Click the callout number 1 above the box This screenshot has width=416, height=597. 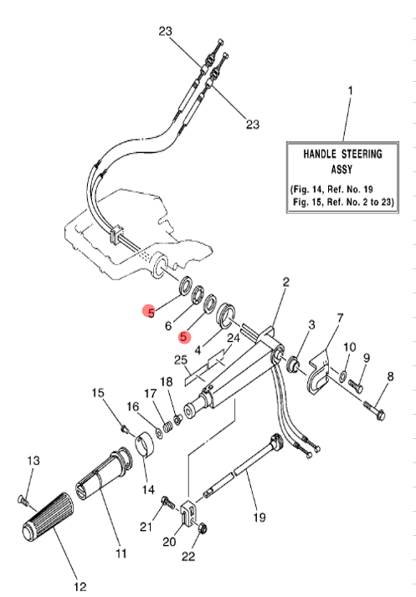350,89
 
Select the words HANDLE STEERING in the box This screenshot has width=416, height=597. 343,154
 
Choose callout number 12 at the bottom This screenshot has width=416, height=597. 80,585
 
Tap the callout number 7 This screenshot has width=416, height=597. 340,319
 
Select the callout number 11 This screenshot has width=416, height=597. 121,554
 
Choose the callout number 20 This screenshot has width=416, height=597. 169,542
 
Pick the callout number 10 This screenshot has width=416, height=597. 350,346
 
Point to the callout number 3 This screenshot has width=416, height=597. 311,324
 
